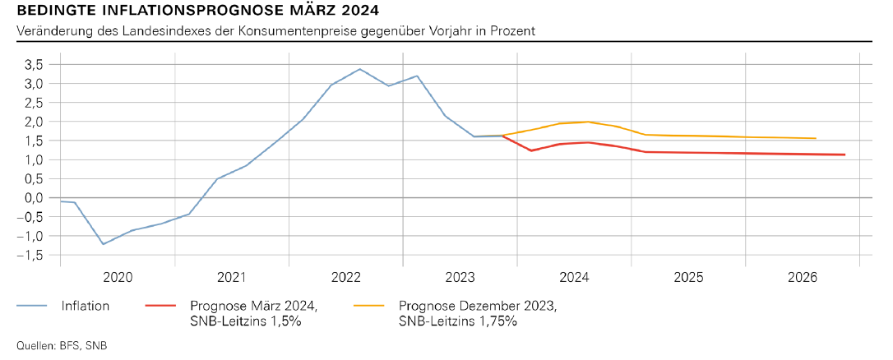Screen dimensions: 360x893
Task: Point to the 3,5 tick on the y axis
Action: coord(35,64)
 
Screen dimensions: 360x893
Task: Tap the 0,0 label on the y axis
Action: coord(35,198)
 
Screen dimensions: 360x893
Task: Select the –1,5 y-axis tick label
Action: coord(31,256)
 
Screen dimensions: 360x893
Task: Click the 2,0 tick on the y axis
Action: coord(35,122)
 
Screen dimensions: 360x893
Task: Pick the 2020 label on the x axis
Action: coord(118,276)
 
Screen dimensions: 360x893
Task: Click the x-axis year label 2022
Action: coord(346,276)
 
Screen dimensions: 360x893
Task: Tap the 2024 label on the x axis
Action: coord(574,276)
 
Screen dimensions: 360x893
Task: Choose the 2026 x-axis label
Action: coord(802,276)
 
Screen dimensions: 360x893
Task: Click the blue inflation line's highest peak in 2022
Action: coord(360,69)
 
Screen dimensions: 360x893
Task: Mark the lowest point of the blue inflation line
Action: coord(104,244)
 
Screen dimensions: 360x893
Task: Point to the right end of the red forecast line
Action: coord(844,155)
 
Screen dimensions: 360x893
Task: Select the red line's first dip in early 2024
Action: coord(531,150)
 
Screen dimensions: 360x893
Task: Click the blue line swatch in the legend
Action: coord(33,306)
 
